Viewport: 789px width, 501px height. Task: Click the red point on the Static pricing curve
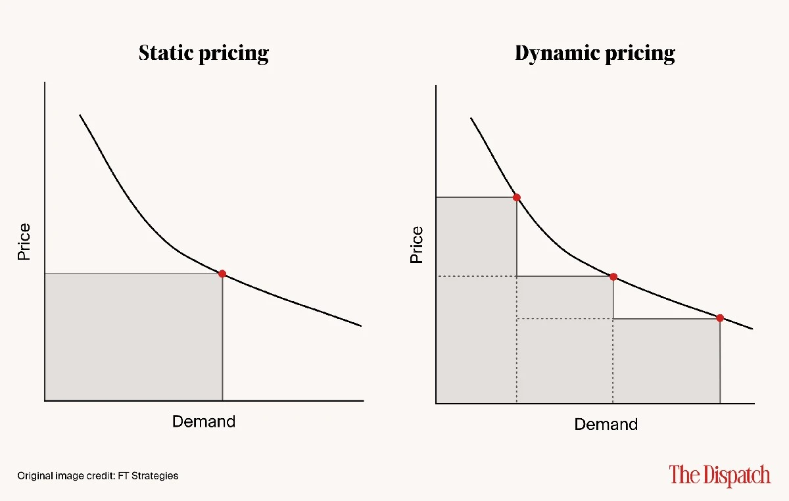pos(222,274)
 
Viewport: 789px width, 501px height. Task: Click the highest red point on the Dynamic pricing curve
pos(516,197)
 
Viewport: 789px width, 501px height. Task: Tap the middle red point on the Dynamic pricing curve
pos(613,277)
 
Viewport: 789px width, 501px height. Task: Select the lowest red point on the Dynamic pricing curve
pos(720,318)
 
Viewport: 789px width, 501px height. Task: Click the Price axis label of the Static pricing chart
pos(24,242)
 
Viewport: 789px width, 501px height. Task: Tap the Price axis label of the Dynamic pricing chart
pos(416,245)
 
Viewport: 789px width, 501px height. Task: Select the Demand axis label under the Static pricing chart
pos(204,421)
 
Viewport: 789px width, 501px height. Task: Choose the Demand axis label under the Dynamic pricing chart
pos(606,425)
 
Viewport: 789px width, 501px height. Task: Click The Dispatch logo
pos(720,475)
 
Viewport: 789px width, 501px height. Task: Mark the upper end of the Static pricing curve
pos(80,116)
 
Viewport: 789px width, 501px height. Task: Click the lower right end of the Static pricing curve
pos(361,325)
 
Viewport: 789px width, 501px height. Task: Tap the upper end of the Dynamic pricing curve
pos(471,118)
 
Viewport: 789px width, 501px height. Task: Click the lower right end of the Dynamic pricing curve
pos(752,329)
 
